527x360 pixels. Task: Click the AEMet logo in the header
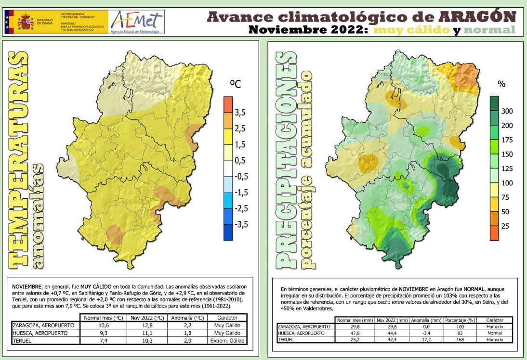(x=137, y=21)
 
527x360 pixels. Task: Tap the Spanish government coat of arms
(x=26, y=22)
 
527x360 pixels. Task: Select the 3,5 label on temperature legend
(x=240, y=113)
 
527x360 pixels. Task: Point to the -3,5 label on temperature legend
(x=241, y=224)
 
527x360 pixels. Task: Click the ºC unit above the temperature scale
(x=236, y=84)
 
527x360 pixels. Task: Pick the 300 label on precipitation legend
(x=507, y=111)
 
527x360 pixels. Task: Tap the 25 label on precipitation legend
(x=505, y=226)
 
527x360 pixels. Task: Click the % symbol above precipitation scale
(x=501, y=84)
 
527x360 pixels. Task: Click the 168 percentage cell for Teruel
(x=460, y=339)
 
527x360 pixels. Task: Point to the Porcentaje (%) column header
(x=460, y=320)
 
